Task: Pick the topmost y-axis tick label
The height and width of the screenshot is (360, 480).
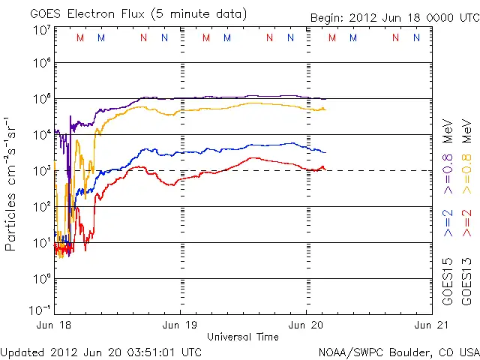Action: coord(42,30)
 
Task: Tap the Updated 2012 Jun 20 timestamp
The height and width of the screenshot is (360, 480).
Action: coord(101,351)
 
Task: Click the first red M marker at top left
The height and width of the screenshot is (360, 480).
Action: coord(80,37)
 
